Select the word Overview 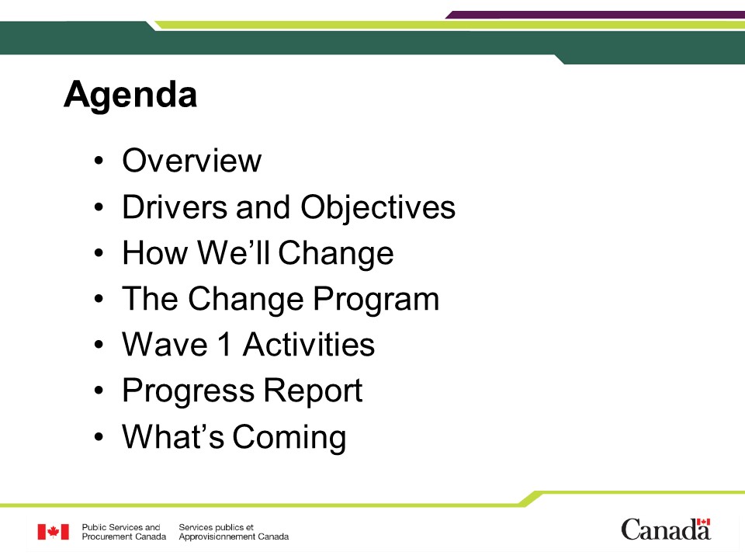[x=192, y=161]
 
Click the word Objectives [x=378, y=208]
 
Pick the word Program [x=376, y=300]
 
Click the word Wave [x=165, y=344]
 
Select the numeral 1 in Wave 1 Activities [x=225, y=344]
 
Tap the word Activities [x=309, y=344]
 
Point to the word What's [x=173, y=436]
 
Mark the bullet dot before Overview [x=99, y=161]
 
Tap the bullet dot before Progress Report [x=99, y=391]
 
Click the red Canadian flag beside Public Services [x=54, y=532]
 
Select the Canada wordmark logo [x=666, y=529]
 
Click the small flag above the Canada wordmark [x=703, y=522]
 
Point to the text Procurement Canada [x=124, y=536]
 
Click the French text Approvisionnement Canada [x=234, y=536]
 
